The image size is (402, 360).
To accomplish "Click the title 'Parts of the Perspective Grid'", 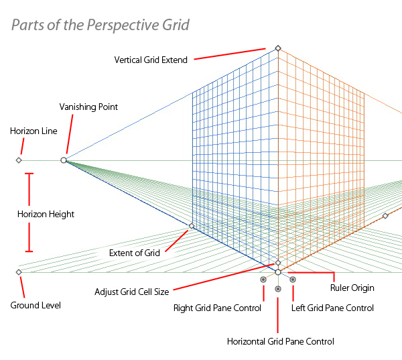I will (100, 25).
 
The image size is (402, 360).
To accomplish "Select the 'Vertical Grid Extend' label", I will (151, 59).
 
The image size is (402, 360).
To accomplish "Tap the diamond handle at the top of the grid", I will (278, 48).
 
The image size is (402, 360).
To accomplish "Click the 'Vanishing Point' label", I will (88, 107).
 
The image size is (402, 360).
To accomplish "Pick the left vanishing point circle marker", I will (64, 160).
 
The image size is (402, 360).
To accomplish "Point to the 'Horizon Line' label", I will (33, 131).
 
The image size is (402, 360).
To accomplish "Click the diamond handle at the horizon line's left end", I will (19, 160).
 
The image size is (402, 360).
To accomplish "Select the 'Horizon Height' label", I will (46, 214).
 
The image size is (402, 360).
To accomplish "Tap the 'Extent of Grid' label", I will (134, 253).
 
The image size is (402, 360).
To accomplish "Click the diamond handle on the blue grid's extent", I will (191, 226).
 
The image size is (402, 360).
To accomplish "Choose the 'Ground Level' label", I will (36, 305).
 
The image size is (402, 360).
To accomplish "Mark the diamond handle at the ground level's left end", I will (19, 272).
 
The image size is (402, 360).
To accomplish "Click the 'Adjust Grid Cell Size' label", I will (131, 292).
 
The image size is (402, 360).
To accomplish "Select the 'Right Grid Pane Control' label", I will (217, 308).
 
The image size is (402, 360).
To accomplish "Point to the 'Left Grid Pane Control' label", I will (332, 308).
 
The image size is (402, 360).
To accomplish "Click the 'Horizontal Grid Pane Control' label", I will (280, 341).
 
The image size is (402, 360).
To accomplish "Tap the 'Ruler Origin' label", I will (352, 288).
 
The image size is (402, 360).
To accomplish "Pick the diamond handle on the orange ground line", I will (385, 216).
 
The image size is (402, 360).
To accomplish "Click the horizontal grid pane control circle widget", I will (278, 289).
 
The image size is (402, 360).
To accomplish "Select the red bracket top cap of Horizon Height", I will (28, 174).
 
